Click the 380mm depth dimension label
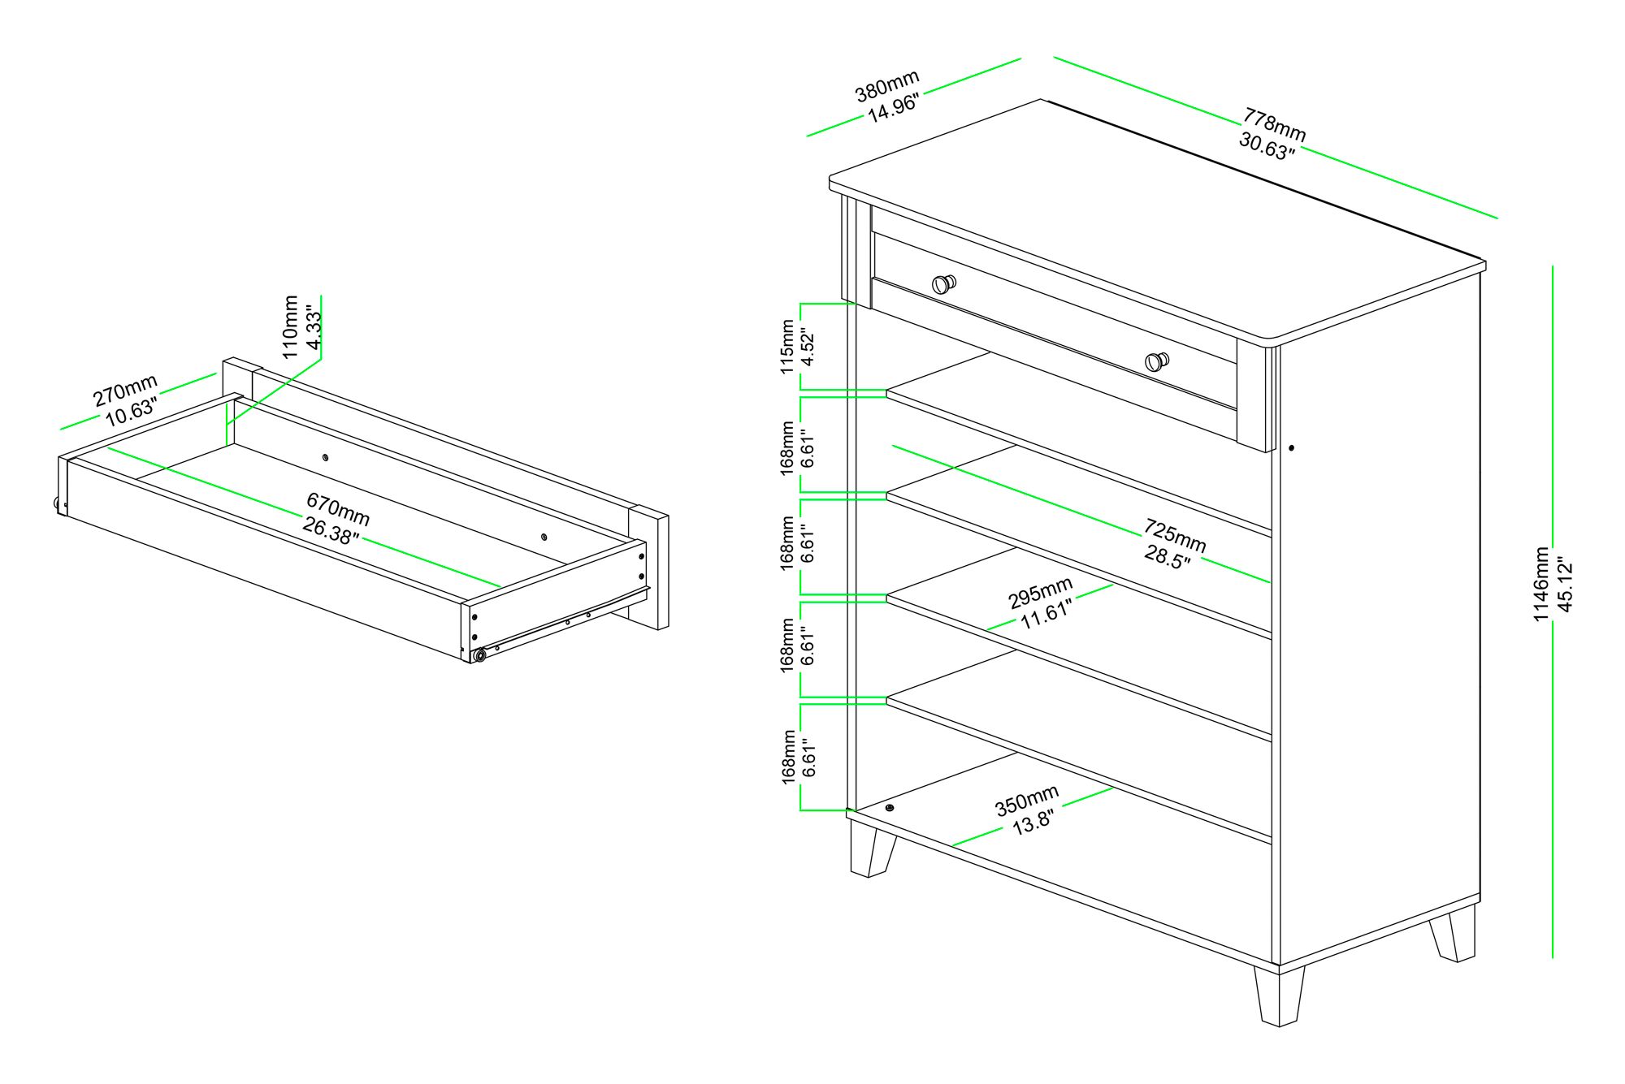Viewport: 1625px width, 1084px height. (887, 85)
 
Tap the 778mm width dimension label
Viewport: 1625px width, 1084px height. (1274, 124)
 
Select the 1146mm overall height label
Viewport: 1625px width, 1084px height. (1541, 585)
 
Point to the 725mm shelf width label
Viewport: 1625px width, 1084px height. (1175, 535)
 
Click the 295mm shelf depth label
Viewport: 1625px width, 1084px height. (1041, 592)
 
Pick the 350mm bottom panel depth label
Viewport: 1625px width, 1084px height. (1027, 800)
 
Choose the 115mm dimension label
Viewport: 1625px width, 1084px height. (786, 347)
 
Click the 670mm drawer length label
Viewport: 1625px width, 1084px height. (338, 507)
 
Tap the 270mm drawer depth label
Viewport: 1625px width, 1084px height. (125, 391)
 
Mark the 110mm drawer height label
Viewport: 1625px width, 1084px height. (291, 326)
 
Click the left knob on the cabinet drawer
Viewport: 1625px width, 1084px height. (943, 283)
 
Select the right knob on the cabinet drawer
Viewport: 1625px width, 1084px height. (1157, 361)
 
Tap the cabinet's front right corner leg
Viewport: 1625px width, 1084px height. (1280, 995)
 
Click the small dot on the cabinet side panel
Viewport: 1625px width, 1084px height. (1292, 447)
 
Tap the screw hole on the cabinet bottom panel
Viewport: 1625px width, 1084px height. (890, 808)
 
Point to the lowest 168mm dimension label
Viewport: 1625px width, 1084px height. (788, 757)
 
